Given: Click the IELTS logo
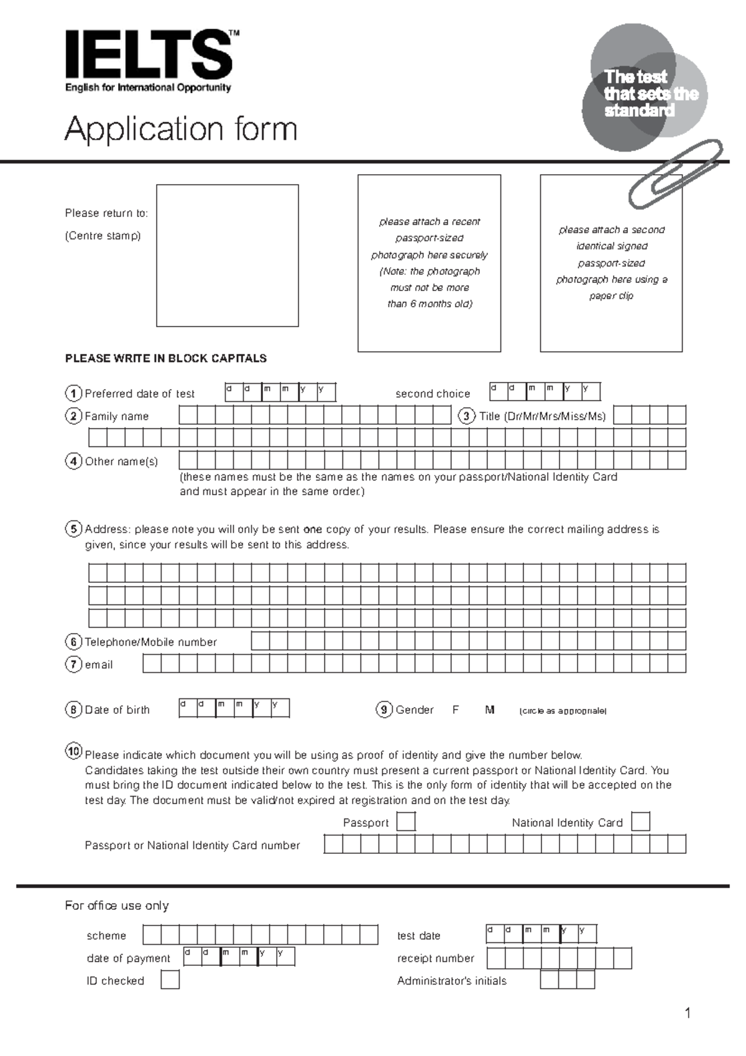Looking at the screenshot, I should click(x=149, y=56).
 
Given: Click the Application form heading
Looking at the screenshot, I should click(x=181, y=129).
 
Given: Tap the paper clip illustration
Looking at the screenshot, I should click(x=675, y=174).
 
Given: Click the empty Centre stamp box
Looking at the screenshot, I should click(x=227, y=255).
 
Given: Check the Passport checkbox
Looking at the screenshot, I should click(x=406, y=822).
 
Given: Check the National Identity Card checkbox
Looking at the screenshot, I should click(x=640, y=822).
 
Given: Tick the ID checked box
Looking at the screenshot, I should click(x=170, y=980).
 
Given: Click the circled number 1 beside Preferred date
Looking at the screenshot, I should click(x=73, y=394).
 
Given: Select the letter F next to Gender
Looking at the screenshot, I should click(x=456, y=710).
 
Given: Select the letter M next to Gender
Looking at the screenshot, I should click(x=490, y=710).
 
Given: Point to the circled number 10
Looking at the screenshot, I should click(x=73, y=751).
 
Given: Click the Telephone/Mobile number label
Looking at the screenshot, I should click(x=150, y=642).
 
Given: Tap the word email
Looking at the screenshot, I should click(x=99, y=665).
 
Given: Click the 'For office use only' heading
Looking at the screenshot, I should click(x=117, y=905).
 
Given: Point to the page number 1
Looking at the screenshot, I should click(x=688, y=1014).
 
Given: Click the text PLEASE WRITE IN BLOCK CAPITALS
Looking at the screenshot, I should click(x=166, y=358).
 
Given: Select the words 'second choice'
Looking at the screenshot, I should click(x=433, y=394).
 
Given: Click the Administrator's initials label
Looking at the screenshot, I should click(x=452, y=981).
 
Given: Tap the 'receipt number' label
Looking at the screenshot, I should click(x=436, y=958).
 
